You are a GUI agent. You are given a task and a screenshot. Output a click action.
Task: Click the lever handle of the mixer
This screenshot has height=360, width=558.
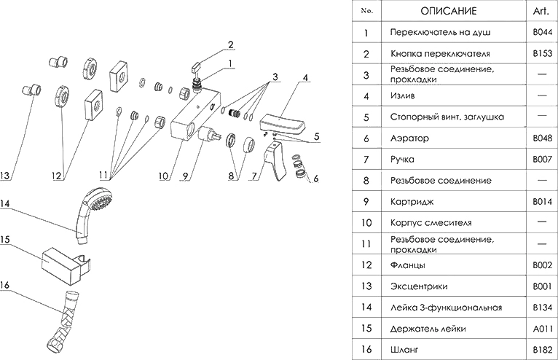pyautogui.click(x=275, y=163)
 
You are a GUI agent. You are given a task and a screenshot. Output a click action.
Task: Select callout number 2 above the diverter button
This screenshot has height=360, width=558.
pyautogui.click(x=230, y=43)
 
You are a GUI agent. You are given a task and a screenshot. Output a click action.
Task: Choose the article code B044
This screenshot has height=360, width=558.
pyautogui.click(x=542, y=34)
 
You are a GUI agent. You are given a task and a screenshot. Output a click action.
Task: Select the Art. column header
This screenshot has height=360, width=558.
pyautogui.click(x=542, y=11)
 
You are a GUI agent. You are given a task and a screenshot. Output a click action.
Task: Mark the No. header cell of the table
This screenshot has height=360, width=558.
pyautogui.click(x=367, y=11)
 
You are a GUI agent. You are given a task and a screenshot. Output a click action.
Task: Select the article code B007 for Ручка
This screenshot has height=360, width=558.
pyautogui.click(x=542, y=158)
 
